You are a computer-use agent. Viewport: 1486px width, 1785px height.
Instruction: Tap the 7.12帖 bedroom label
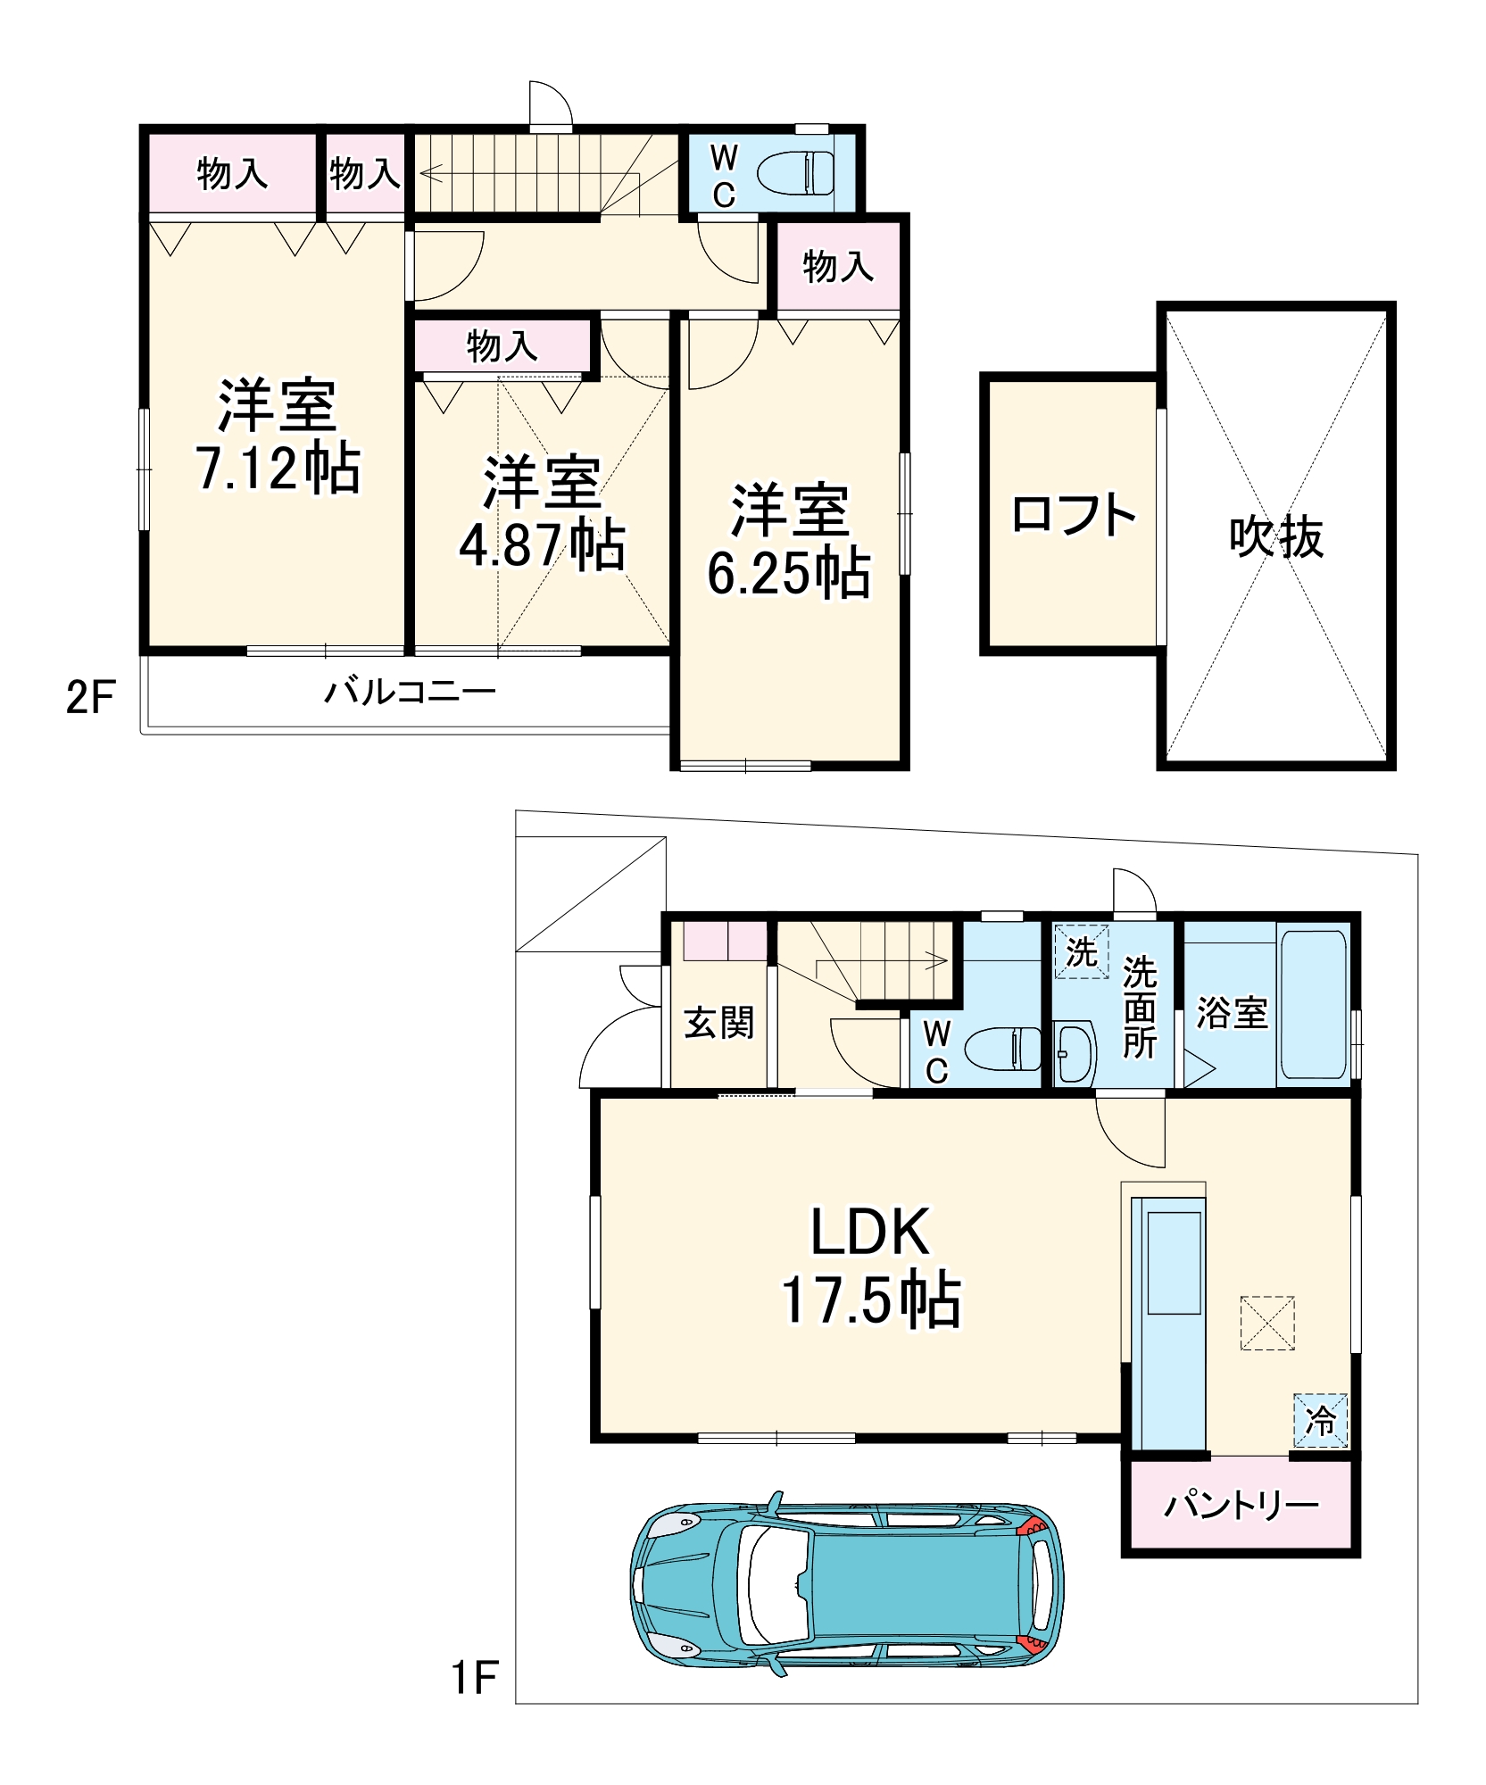[278, 436]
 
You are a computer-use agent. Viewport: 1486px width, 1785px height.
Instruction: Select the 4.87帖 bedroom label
[542, 513]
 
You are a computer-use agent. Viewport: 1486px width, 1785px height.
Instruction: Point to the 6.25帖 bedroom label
[789, 541]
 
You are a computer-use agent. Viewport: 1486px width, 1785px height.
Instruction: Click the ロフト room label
[1073, 515]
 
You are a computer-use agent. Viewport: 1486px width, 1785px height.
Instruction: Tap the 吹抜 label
[1275, 537]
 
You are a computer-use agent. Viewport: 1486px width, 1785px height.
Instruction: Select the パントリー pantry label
[1241, 1506]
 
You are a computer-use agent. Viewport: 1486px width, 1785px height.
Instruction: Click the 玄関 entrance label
[718, 1023]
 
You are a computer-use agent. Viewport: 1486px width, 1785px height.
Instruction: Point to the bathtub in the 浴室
[1313, 1005]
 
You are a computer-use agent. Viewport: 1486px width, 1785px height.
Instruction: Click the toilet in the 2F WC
[796, 172]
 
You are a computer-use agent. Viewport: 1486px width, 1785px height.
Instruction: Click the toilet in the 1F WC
[1004, 1049]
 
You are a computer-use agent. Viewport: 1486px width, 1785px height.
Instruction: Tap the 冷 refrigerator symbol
[1320, 1420]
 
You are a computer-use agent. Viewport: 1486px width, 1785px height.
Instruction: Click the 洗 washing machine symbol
[1081, 952]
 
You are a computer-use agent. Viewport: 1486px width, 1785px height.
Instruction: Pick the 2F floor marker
[90, 697]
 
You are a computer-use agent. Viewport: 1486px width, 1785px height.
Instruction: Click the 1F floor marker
[474, 1678]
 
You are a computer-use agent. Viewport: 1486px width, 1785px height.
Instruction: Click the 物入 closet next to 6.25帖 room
[837, 266]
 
